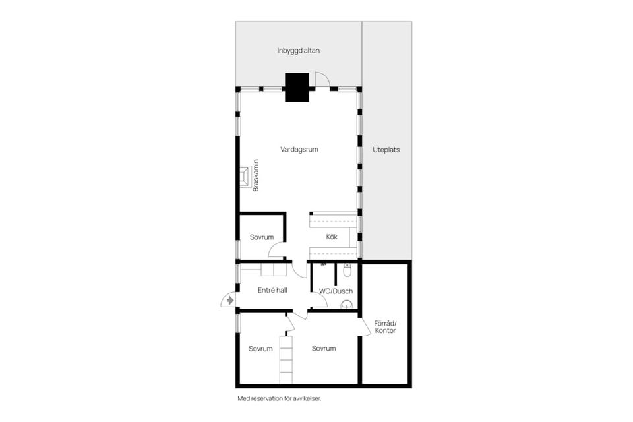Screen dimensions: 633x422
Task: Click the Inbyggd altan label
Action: click(298, 51)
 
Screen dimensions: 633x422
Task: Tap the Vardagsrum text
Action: click(299, 150)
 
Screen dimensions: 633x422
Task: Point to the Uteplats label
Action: click(386, 150)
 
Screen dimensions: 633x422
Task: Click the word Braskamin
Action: click(256, 175)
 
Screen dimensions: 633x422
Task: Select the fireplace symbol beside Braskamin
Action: click(245, 177)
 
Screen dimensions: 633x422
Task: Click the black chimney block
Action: click(297, 87)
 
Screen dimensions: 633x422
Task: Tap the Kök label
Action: click(332, 237)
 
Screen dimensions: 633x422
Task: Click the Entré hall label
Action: click(272, 290)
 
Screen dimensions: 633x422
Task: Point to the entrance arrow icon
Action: click(230, 300)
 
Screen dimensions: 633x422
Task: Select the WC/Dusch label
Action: click(336, 291)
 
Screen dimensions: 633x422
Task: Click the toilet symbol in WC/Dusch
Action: click(347, 270)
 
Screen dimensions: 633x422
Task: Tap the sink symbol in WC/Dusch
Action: click(347, 304)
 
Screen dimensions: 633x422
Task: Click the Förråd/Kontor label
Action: click(385, 327)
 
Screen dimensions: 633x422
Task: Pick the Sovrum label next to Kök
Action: click(262, 237)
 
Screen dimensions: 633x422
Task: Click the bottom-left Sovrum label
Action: click(260, 349)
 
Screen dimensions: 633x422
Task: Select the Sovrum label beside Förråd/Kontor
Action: click(324, 349)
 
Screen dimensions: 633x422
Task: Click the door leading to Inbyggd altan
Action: click(322, 80)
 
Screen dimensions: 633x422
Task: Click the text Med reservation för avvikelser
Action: click(280, 398)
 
